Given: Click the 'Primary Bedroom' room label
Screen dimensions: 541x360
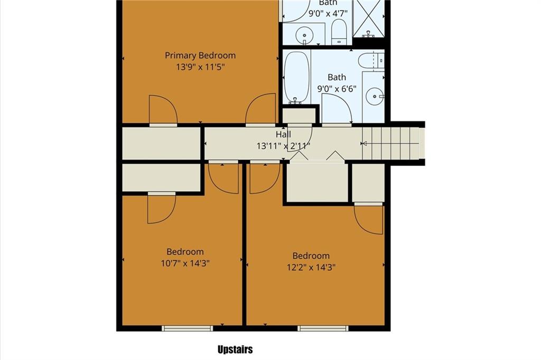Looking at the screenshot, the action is click(x=200, y=55).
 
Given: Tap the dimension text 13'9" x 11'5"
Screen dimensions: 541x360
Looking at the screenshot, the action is click(x=200, y=67).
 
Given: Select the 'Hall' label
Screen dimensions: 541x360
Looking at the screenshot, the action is click(x=283, y=134).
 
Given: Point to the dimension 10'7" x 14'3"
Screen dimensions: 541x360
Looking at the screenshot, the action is click(x=185, y=263).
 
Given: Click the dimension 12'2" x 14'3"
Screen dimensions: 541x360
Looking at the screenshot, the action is click(x=311, y=267).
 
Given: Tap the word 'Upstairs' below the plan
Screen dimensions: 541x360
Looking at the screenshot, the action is click(x=235, y=349).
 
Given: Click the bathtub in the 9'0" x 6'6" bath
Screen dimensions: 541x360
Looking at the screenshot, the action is click(x=296, y=77).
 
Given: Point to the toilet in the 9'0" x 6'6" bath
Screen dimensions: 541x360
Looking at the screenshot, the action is click(x=371, y=61).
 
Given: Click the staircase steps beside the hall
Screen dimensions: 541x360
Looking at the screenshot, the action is click(x=390, y=143).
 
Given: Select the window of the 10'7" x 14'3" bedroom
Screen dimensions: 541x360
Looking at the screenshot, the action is click(x=188, y=328).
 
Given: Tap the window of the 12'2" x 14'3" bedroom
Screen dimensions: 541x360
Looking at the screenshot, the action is click(x=323, y=328).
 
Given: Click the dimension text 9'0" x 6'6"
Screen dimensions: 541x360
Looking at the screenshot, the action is click(x=337, y=89).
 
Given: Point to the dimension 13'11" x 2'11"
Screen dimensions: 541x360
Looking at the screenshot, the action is click(x=283, y=146).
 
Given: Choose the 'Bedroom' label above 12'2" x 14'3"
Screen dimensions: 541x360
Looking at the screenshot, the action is click(x=311, y=256).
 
